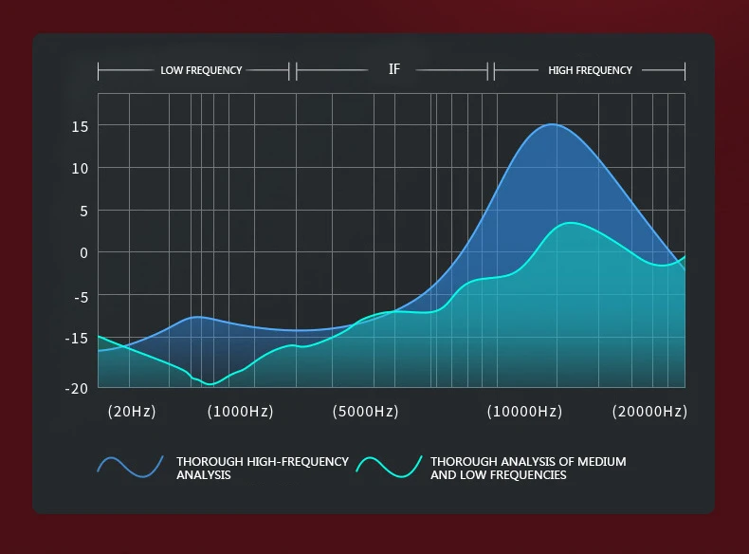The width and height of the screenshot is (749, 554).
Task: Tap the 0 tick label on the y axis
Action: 83,252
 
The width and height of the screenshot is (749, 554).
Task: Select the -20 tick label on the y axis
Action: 76,387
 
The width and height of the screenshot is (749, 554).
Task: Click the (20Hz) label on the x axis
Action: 132,412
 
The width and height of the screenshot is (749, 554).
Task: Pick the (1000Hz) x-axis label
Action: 241,412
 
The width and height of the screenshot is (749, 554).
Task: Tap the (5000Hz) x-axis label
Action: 365,412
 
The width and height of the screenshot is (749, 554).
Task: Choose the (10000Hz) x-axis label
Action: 524,412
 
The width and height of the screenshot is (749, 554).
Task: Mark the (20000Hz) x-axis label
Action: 649,412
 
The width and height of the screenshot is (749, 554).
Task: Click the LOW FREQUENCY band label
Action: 201,70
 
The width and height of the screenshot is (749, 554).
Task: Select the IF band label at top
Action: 394,70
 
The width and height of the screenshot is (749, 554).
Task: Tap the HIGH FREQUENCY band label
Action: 590,70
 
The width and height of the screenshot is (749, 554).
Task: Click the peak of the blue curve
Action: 553,124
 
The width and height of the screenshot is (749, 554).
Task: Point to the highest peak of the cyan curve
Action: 570,223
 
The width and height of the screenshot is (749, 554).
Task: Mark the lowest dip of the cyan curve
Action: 210,384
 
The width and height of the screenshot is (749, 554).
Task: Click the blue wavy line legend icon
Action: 131,465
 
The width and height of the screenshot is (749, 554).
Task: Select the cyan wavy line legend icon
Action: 389,465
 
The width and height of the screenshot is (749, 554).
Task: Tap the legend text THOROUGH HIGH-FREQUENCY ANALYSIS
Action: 263,468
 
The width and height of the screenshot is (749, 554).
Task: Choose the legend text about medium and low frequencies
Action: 528,468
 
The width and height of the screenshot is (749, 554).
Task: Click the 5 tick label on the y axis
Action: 83,211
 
